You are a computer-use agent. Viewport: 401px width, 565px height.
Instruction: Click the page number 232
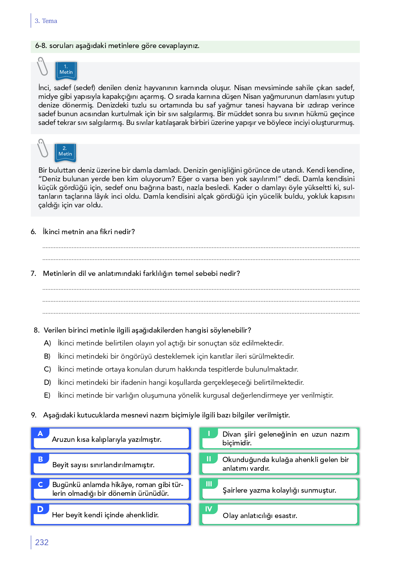[x=42, y=542]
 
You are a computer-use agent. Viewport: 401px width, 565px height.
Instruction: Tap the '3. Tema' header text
[x=46, y=21]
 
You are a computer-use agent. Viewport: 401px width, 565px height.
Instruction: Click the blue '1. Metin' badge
[x=66, y=70]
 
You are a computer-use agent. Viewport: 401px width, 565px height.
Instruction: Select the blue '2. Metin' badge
[x=65, y=152]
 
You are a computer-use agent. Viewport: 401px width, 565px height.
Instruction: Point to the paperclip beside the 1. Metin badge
[x=42, y=66]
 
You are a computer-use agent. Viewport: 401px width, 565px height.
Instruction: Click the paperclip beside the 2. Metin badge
[x=43, y=148]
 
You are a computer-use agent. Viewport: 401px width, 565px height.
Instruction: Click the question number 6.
[x=33, y=232]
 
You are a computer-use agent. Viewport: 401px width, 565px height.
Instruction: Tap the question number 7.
[x=33, y=273]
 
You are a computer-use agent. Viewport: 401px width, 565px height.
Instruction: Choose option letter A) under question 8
[x=47, y=343]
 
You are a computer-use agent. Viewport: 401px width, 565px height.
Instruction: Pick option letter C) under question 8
[x=47, y=369]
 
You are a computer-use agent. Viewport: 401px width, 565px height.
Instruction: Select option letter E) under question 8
[x=47, y=396]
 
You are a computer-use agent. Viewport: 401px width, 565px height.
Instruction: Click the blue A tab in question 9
[x=40, y=434]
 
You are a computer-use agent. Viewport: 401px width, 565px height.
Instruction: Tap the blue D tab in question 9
[x=40, y=509]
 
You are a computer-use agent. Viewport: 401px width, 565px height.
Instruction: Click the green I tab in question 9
[x=209, y=433]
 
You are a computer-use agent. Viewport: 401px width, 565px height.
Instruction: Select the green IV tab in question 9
[x=209, y=509]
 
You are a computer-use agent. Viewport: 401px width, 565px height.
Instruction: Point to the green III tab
[x=209, y=484]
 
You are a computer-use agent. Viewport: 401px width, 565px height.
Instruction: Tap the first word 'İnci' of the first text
[x=44, y=88]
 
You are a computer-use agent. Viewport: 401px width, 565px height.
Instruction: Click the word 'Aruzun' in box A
[x=63, y=440]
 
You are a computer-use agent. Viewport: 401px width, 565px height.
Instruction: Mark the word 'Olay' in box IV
[x=230, y=516]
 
